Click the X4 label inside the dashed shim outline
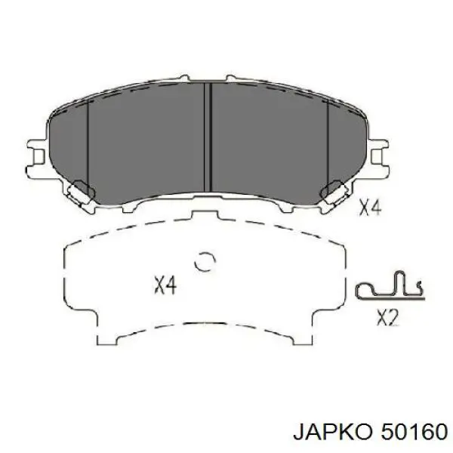(x=165, y=285)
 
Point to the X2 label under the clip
(x=388, y=318)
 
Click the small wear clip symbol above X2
(x=390, y=285)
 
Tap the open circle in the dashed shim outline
(x=205, y=261)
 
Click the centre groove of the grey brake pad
(x=208, y=137)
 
